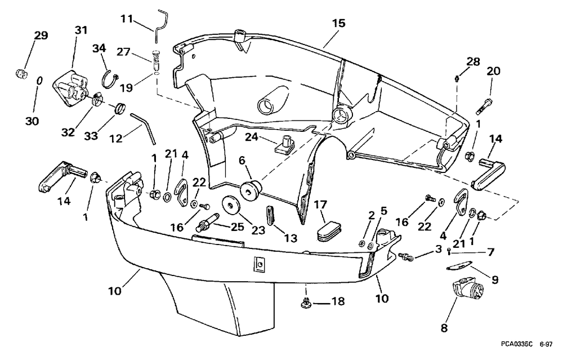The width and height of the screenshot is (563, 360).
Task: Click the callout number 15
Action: pyautogui.click(x=338, y=23)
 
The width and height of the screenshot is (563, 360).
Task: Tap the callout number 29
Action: pyautogui.click(x=41, y=35)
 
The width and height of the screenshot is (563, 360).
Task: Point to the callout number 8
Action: pyautogui.click(x=444, y=328)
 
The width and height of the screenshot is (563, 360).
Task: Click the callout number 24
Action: pyautogui.click(x=251, y=137)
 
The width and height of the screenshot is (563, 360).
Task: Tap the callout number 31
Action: pyautogui.click(x=81, y=30)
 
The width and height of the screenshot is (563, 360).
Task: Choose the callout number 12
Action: pyautogui.click(x=115, y=138)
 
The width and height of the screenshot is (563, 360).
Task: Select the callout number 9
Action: pyautogui.click(x=495, y=279)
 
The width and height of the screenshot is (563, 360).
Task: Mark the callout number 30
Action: pyautogui.click(x=32, y=121)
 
